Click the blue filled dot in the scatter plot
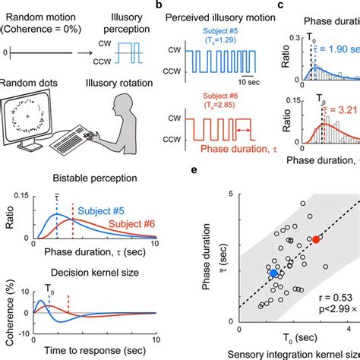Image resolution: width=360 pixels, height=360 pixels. click(x=274, y=273)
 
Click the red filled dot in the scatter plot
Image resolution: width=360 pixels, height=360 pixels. click(x=317, y=239)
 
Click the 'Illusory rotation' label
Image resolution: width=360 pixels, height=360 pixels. click(x=110, y=78)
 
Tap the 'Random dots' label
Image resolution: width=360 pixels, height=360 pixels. click(x=32, y=78)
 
